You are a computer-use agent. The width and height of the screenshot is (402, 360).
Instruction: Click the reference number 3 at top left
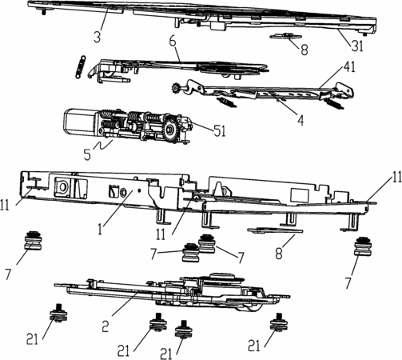click(98, 36)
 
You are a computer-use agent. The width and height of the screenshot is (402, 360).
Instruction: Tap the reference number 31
click(357, 46)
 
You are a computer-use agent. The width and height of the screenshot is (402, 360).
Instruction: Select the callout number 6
click(173, 42)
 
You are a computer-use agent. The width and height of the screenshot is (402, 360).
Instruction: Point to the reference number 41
click(349, 66)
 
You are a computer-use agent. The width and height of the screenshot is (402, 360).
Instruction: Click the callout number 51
click(220, 131)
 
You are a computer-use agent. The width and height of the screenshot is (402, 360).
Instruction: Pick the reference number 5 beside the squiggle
click(87, 154)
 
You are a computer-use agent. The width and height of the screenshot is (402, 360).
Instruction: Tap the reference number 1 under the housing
click(100, 229)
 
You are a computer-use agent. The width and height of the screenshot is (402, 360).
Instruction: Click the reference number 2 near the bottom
click(105, 326)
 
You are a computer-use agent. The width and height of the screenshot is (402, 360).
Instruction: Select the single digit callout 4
click(301, 121)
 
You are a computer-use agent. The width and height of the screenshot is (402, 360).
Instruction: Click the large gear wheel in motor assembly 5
click(169, 130)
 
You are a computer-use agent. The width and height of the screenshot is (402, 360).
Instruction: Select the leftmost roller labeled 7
click(33, 241)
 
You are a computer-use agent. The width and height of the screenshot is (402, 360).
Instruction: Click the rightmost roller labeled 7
click(363, 246)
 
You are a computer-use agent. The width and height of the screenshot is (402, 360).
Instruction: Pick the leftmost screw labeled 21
click(58, 313)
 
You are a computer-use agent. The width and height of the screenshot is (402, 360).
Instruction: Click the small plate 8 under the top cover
click(285, 36)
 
